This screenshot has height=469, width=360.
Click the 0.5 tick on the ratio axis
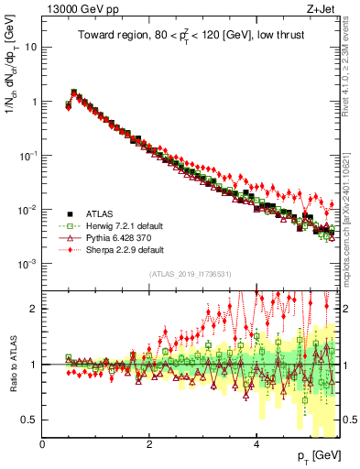31,420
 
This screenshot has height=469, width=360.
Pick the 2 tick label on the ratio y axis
36,309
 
